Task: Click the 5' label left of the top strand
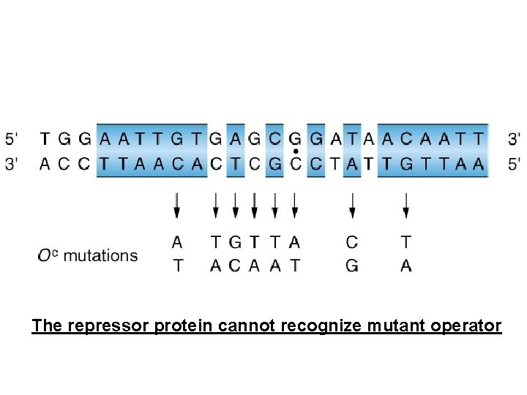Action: [13, 138]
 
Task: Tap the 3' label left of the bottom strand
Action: [13, 164]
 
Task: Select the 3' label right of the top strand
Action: [514, 138]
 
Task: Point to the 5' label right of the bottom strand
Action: [514, 164]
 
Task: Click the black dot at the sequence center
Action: [295, 151]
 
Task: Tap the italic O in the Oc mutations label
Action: [44, 256]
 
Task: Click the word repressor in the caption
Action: [108, 326]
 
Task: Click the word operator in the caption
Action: [466, 326]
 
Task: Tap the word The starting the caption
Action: [47, 326]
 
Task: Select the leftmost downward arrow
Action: [176, 206]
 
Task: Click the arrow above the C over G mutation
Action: [352, 206]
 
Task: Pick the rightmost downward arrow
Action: [406, 206]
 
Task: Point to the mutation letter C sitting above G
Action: [352, 241]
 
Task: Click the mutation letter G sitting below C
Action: [352, 266]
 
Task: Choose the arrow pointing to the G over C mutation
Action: [235, 206]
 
